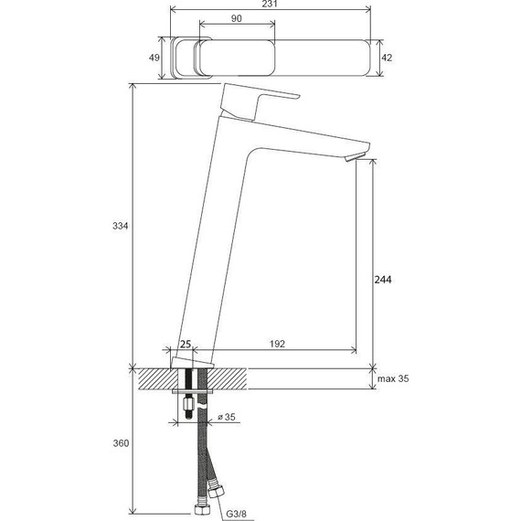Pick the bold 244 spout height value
[x=384, y=281]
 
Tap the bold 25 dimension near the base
[x=186, y=345]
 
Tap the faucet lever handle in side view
[x=260, y=101]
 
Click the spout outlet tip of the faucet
[x=354, y=160]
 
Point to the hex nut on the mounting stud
[x=187, y=404]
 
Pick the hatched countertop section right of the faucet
[x=292, y=378]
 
